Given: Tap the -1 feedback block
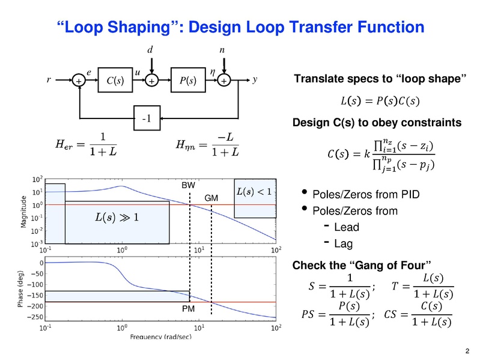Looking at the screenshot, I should tap(146, 119).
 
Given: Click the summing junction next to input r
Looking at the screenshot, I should tap(79, 81).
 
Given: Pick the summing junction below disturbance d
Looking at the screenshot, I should tap(152, 81).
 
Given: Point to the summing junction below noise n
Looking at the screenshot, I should tap(223, 81).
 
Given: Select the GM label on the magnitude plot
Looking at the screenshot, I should tap(211, 198).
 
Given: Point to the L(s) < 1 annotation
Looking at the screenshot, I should tap(255, 192).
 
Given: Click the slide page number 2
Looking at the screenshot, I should tap(467, 351).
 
